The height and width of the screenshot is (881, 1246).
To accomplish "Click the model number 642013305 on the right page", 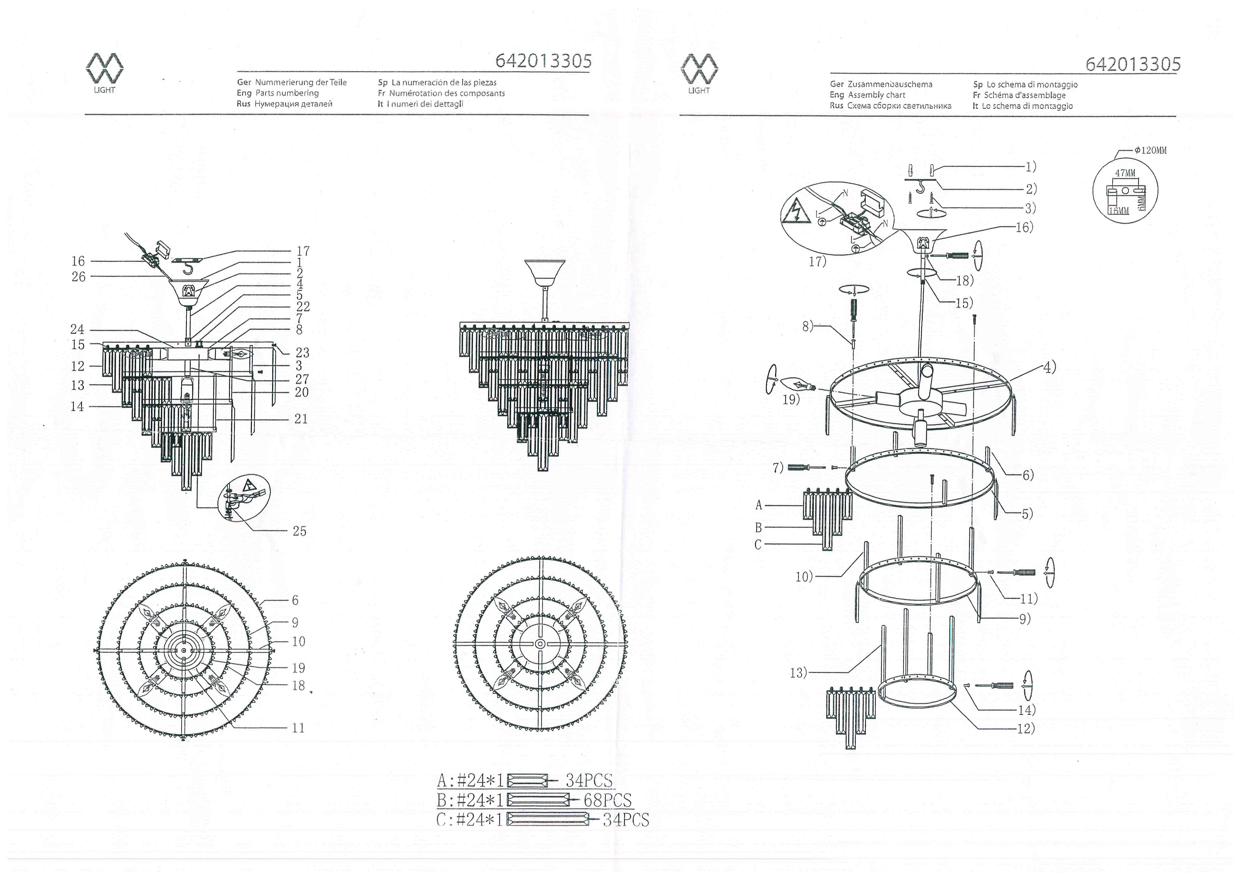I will click(1133, 64).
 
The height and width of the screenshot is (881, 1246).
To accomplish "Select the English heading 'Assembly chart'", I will click(876, 95).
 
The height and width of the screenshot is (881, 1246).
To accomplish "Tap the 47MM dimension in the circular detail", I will click(1124, 173).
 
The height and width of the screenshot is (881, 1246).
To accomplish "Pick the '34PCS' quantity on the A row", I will click(589, 781).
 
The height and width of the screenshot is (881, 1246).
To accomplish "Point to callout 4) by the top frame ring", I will click(1050, 368).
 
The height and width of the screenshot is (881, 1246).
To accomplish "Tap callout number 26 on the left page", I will click(79, 277).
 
